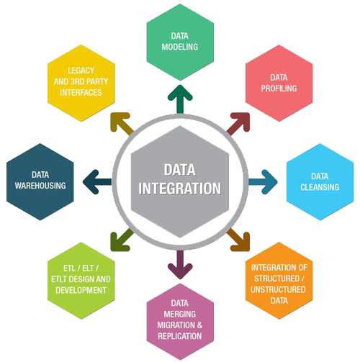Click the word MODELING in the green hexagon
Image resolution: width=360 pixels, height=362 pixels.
pyautogui.click(x=180, y=47)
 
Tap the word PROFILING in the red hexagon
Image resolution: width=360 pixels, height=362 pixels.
pyautogui.click(x=279, y=89)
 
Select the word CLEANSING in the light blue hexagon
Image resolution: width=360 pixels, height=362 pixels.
pyautogui.click(x=320, y=187)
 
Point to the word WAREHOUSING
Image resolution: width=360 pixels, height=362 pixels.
pyautogui.click(x=40, y=186)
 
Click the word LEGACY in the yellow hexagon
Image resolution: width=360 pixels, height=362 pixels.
pyautogui.click(x=81, y=71)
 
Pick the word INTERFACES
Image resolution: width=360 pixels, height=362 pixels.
pyautogui.click(x=81, y=93)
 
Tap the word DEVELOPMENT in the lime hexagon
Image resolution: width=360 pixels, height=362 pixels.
pyautogui.click(x=81, y=290)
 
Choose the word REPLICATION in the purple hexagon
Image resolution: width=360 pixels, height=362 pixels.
pyautogui.click(x=180, y=336)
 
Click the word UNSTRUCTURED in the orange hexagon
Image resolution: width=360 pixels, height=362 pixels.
pyautogui.click(x=278, y=289)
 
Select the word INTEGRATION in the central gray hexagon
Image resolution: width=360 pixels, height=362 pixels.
pyautogui.click(x=179, y=189)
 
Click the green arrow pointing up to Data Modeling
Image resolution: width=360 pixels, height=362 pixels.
pyautogui.click(x=180, y=99)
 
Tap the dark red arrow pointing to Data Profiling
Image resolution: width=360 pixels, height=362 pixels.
pyautogui.click(x=238, y=124)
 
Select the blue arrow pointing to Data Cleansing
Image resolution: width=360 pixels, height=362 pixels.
pyautogui.click(x=263, y=182)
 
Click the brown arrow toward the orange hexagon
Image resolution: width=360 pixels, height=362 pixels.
pyautogui.click(x=238, y=240)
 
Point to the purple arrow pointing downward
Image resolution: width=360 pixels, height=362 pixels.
pyautogui.click(x=180, y=265)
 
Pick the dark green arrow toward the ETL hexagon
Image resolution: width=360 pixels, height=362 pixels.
pyautogui.click(x=122, y=240)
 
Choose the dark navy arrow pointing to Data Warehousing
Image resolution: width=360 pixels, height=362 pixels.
pyautogui.click(x=97, y=182)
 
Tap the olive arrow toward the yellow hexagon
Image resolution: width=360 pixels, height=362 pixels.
pyautogui.click(x=122, y=124)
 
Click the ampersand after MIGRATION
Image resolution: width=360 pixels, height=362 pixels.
pyautogui.click(x=199, y=325)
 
